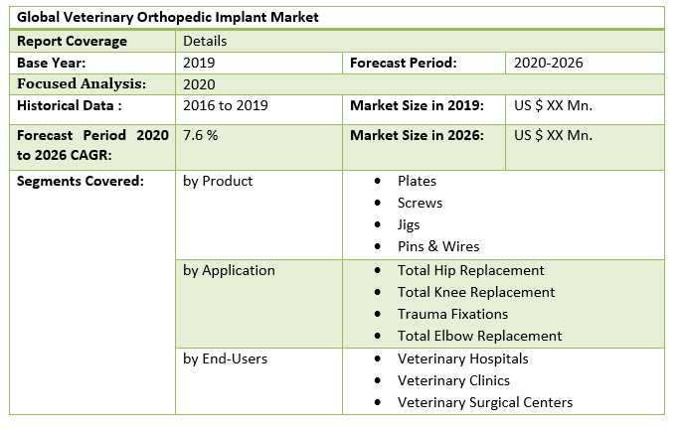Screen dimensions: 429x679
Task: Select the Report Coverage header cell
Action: click(x=73, y=41)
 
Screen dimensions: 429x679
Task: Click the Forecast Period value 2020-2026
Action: click(x=549, y=63)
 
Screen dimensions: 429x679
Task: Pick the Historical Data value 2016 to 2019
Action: click(x=226, y=105)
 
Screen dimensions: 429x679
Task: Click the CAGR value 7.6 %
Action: click(x=201, y=134)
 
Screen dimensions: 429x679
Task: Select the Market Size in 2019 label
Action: click(x=417, y=105)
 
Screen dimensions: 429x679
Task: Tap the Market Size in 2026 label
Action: click(x=417, y=134)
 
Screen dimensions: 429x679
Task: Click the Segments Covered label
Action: click(x=67, y=181)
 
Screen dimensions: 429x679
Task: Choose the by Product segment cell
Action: click(x=218, y=181)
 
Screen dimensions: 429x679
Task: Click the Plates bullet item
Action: click(x=417, y=181)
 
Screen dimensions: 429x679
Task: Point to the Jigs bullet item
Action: click(x=409, y=224)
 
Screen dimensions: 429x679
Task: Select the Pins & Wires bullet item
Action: click(x=437, y=246)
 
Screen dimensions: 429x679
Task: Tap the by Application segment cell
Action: click(x=229, y=270)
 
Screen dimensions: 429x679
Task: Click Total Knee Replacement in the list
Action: click(x=475, y=292)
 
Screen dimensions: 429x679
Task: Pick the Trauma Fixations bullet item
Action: click(x=453, y=314)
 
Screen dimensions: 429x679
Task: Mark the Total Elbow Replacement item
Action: click(x=479, y=336)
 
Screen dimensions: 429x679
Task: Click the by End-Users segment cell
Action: click(x=225, y=358)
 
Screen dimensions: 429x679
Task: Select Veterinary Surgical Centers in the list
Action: click(x=484, y=402)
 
